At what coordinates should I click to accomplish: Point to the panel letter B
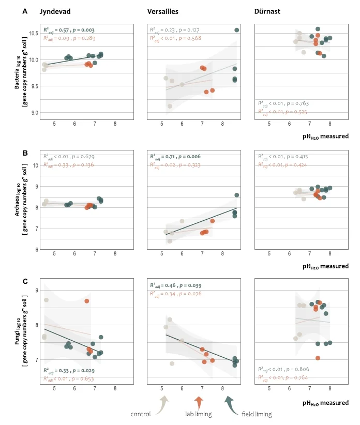coord(25,153)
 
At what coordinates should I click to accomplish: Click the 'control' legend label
coord(141,414)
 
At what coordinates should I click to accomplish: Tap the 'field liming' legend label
coord(257,414)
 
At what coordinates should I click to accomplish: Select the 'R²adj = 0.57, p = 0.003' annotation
coord(68,30)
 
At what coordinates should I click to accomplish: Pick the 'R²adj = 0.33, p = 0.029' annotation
coord(68,370)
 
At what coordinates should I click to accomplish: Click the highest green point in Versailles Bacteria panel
coord(236,30)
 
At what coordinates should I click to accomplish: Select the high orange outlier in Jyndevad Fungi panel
coord(87,301)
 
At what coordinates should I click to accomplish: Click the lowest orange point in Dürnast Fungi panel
coord(318,358)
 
